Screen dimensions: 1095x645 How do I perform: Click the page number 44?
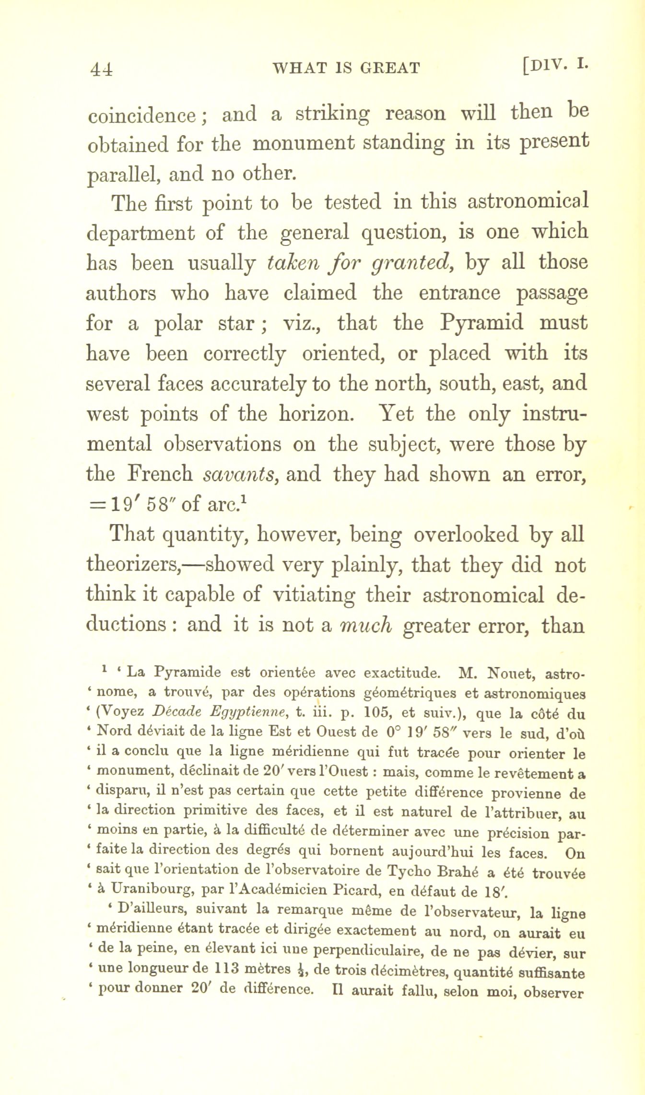101,68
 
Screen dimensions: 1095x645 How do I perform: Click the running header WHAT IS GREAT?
346,68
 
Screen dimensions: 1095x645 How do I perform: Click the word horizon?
314,414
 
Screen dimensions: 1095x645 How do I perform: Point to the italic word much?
366,625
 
